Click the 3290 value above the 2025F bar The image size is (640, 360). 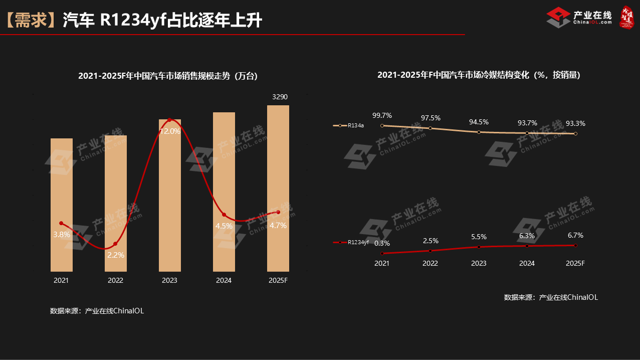280,97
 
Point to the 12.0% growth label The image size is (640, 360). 169,131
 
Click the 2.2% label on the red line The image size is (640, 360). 116,255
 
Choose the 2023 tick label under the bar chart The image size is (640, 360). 169,281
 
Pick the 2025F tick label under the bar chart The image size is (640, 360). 278,281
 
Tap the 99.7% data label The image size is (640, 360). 382,116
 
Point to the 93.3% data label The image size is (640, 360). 575,123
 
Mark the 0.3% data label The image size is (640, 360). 382,244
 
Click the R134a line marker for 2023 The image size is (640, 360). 479,132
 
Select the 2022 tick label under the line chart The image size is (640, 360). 430,263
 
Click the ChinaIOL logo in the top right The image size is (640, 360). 579,17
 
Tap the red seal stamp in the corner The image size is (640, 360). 627,17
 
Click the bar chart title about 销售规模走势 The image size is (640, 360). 167,76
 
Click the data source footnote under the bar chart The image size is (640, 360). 97,311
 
